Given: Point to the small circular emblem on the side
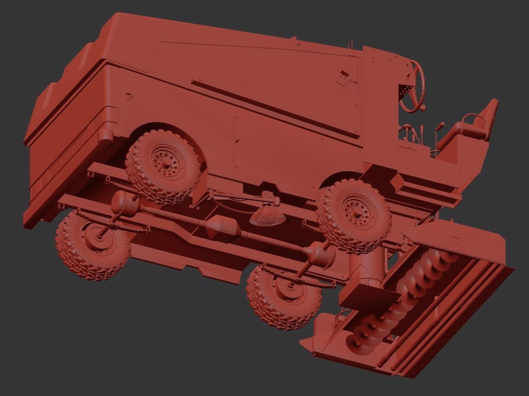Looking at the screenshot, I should pyautogui.click(x=129, y=96).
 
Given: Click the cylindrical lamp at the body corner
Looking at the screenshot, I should pyautogui.click(x=106, y=138).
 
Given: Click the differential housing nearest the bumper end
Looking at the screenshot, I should pyautogui.click(x=123, y=202).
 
